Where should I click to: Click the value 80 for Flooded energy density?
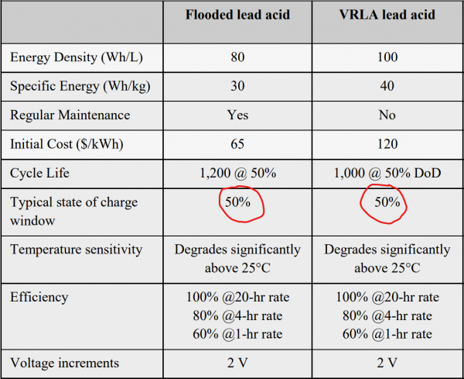tap(238, 57)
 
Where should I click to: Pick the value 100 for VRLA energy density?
tap(388, 57)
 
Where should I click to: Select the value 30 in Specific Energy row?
tap(238, 86)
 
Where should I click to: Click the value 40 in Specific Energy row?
tap(388, 86)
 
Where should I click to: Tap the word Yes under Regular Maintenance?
tap(238, 115)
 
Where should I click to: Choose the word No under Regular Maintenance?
tap(388, 115)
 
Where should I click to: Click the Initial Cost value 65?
tap(238, 144)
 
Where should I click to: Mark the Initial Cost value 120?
tap(388, 144)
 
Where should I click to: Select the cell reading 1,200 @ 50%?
tap(238, 174)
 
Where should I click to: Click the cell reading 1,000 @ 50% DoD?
tap(388, 174)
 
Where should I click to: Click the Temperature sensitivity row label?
tap(76, 250)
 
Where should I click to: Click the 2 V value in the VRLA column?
tap(388, 362)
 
